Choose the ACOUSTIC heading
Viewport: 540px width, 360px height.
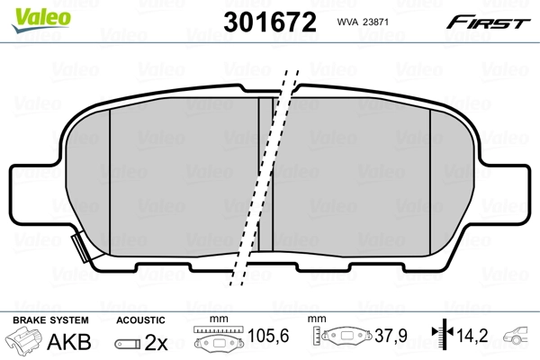pos(141,319)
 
